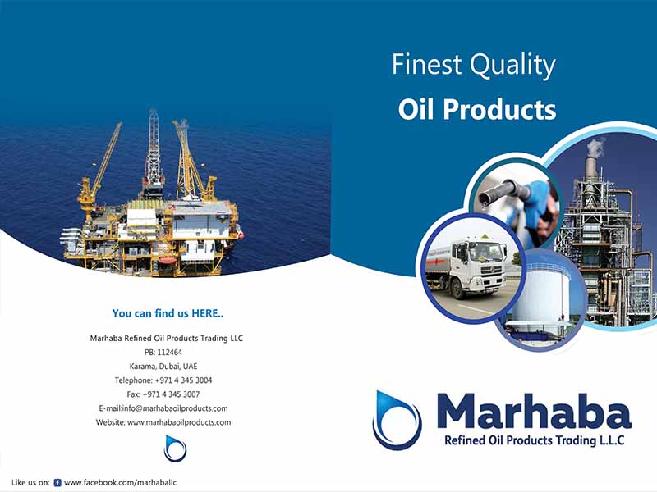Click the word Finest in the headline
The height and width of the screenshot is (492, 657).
(x=426, y=65)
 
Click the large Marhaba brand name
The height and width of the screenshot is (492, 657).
(x=534, y=412)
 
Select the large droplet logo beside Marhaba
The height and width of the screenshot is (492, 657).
(x=397, y=420)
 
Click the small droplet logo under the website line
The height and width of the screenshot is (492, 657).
(x=175, y=449)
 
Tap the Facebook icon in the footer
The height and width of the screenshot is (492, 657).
(x=57, y=483)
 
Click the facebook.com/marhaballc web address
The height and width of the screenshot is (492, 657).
(x=120, y=482)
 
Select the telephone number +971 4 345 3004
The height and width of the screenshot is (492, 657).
(x=183, y=380)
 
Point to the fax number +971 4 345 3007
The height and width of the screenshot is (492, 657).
(x=171, y=394)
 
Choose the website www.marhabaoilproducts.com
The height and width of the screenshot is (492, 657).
(x=179, y=422)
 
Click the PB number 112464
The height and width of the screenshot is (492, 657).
(x=170, y=353)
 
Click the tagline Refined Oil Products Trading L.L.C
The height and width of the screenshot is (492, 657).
(x=535, y=440)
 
